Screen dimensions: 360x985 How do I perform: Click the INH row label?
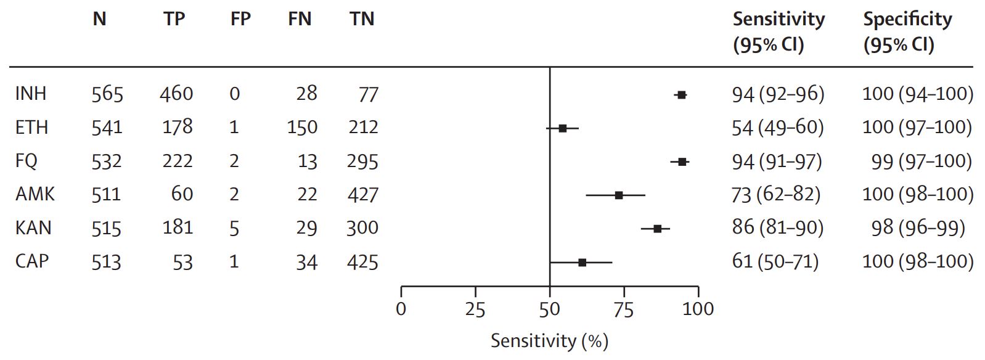pos(31,94)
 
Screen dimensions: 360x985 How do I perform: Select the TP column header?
pos(174,19)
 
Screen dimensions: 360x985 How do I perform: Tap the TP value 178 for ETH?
pos(178,127)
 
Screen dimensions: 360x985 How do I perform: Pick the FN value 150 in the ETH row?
pos(302,127)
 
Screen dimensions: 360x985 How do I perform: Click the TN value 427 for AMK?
pos(362,195)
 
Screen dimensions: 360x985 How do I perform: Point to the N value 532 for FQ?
pos(107,162)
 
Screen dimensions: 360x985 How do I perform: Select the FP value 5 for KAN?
pos(234,228)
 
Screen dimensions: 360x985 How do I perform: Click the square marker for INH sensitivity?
pos(681,95)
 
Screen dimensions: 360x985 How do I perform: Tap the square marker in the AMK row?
pos(618,195)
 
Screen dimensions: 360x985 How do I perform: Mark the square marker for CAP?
pos(582,263)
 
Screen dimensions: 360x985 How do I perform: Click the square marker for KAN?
pos(658,229)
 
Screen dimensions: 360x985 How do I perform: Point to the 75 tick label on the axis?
pos(624,309)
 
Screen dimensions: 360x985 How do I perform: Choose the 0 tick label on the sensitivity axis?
pos(401,309)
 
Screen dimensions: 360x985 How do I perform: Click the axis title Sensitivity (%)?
pos(549,341)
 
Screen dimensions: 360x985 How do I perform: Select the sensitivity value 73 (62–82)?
pos(776,195)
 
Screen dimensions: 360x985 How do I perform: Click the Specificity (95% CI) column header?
pos(907,32)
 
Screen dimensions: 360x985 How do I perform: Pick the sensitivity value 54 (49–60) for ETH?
pos(778,127)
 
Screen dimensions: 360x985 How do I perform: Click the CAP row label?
pos(32,261)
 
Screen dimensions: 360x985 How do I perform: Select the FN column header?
pos(300,19)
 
